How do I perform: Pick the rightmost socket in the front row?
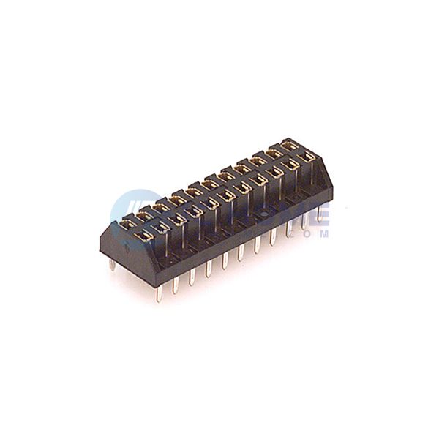click(x=307, y=156)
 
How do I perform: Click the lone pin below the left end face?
click(x=113, y=263)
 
